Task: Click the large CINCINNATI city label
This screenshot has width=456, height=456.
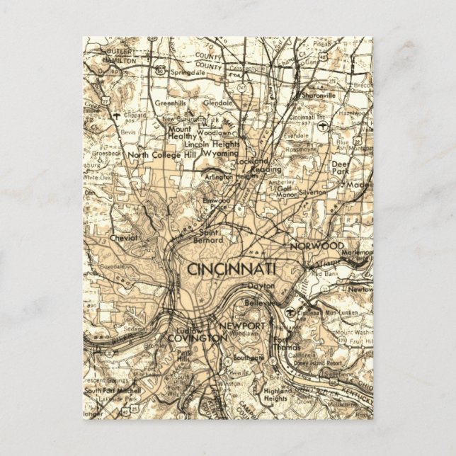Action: [x=232, y=268]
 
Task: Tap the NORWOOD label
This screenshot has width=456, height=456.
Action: [x=317, y=245]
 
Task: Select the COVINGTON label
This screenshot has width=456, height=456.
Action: [x=198, y=338]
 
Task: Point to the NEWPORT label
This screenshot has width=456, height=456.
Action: [x=242, y=326]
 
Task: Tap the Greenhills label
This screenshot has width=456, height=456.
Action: [x=171, y=103]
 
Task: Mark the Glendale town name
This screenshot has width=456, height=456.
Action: [x=218, y=103]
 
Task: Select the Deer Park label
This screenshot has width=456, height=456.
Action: [x=341, y=167]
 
